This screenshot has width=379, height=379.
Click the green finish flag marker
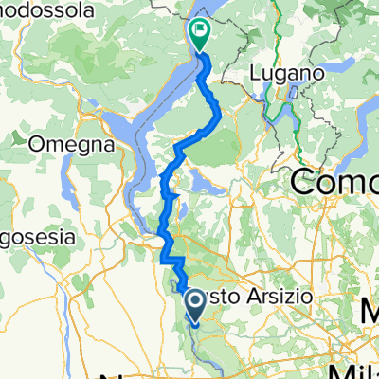coord(201,36)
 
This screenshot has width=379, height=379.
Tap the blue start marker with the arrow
coord(196,303)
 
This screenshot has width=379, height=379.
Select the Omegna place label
coord(72,145)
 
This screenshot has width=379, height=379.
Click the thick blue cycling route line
coord(214,118)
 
